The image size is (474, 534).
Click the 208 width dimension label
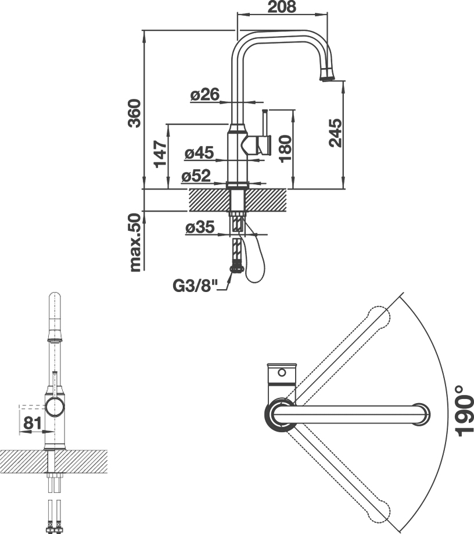click(282, 7)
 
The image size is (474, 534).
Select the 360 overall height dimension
click(134, 113)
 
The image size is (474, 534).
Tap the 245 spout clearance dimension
click(335, 133)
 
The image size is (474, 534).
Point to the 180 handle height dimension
click(285, 148)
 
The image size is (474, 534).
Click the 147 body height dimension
click(160, 154)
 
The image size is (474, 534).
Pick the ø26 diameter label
click(205, 94)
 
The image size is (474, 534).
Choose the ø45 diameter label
click(199, 152)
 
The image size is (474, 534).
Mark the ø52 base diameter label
click(196, 176)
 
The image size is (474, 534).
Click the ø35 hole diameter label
click(200, 227)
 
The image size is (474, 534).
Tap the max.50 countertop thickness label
click(135, 243)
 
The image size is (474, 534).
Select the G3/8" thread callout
click(195, 286)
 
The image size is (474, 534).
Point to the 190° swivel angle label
click(464, 411)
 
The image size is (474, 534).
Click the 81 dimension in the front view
click(33, 423)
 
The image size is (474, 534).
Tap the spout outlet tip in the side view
click(327, 79)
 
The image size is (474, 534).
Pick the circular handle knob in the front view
click(55, 407)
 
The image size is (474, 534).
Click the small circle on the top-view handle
click(282, 372)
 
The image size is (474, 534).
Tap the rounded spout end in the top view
click(422, 415)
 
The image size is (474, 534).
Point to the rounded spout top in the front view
click(55, 297)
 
